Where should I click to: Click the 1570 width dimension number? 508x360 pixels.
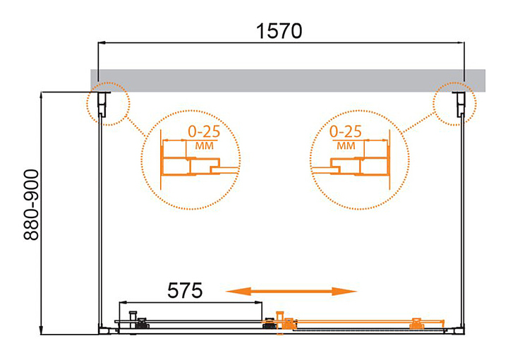[279, 32]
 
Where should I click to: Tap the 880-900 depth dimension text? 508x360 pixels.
[32, 205]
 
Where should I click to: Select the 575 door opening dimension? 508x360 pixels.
[185, 290]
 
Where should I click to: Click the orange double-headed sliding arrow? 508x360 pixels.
[291, 292]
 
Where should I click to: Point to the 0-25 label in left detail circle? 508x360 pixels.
[204, 131]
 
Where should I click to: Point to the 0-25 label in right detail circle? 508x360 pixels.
[345, 131]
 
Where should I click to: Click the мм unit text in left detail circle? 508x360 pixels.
[204, 146]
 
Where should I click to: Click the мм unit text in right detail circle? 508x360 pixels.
[346, 146]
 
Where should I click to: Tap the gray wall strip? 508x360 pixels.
[288, 80]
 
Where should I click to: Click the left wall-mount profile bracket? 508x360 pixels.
[103, 104]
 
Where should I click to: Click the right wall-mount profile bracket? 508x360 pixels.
[460, 104]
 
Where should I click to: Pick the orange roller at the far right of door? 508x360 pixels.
[417, 324]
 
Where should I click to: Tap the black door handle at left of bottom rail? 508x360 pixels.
[133, 320]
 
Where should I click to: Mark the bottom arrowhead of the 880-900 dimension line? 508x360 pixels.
[42, 330]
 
